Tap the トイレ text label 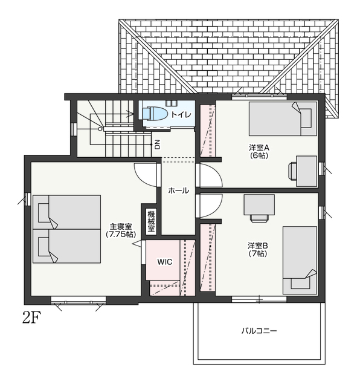tap(181, 114)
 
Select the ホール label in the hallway tap(179, 190)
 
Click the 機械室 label tap(151, 221)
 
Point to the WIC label tap(165, 262)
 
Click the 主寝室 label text tap(121, 226)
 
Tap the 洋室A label tap(259, 148)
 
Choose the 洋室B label tap(258, 246)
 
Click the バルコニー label tap(259, 331)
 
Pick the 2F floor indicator tap(31, 318)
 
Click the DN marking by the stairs tap(157, 145)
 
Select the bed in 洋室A tap(283, 119)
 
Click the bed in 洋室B tap(300, 261)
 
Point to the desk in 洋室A tap(303, 171)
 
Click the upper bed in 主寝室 tap(66, 212)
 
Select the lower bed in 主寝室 tap(66, 246)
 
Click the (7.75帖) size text tap(121, 234)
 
